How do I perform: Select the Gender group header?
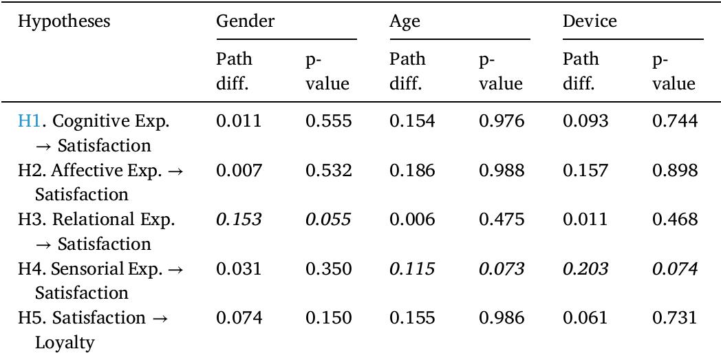pos(245,21)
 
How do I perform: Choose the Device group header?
pos(590,21)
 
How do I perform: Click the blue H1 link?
pos(29,121)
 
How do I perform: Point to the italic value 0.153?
pos(239,220)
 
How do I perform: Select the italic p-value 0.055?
pos(328,220)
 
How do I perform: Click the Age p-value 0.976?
pos(502,121)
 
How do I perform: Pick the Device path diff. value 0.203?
pos(585,268)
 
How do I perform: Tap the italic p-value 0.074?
pos(674,268)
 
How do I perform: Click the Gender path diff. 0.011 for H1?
pos(239,121)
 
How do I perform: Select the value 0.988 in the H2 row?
pos(502,171)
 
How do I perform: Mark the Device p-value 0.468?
pos(674,220)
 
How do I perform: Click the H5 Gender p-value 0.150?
pos(328,318)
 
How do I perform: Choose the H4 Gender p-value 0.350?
pos(328,268)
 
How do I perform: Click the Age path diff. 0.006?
pos(412,220)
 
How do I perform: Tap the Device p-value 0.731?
pos(674,318)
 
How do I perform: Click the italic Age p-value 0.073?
pos(502,268)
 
